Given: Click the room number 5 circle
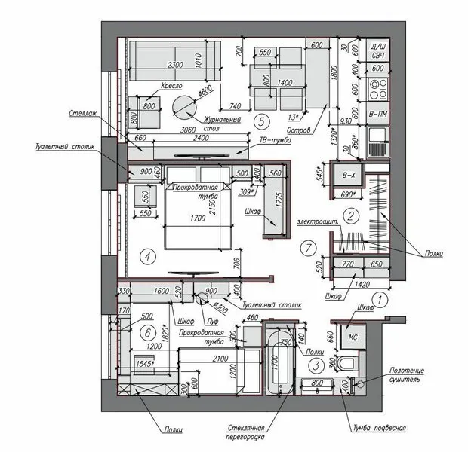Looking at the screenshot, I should tap(261, 119).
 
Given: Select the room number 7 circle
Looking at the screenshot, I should tap(306, 246).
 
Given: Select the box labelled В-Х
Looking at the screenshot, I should tap(348, 176).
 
